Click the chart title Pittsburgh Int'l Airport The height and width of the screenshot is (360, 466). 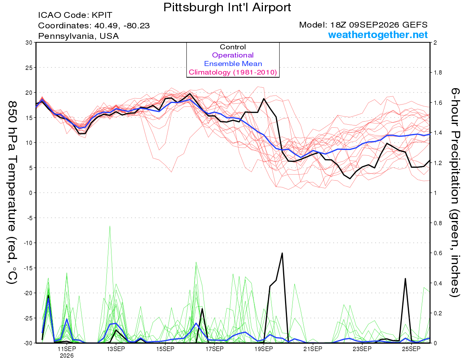pyautogui.click(x=227, y=7)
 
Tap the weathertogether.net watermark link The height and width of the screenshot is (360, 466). pyautogui.click(x=378, y=35)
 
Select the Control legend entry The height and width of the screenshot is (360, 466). pyautogui.click(x=233, y=47)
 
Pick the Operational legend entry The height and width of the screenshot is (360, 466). pyautogui.click(x=233, y=55)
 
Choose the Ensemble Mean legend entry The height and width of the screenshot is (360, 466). pyautogui.click(x=233, y=64)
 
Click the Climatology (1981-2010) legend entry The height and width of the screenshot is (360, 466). pyautogui.click(x=233, y=72)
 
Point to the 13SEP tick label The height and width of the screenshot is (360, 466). pyautogui.click(x=116, y=349)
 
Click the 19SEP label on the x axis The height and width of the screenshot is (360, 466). pyautogui.click(x=264, y=349)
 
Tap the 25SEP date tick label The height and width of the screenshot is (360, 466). pyautogui.click(x=411, y=349)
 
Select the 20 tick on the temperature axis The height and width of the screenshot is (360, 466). pyautogui.click(x=29, y=93)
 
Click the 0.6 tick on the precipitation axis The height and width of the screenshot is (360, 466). pyautogui.click(x=437, y=253)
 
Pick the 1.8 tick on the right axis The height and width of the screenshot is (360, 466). pyautogui.click(x=437, y=73)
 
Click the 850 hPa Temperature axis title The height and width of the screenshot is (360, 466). pyautogui.click(x=12, y=192)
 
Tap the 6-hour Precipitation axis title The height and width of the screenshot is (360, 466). pyautogui.click(x=454, y=192)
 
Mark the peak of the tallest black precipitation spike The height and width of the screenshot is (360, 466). pyautogui.click(x=282, y=253)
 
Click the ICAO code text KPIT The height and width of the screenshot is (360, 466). pyautogui.click(x=102, y=15)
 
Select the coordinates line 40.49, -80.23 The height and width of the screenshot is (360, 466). pyautogui.click(x=122, y=26)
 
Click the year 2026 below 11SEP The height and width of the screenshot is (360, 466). pyautogui.click(x=67, y=356)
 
